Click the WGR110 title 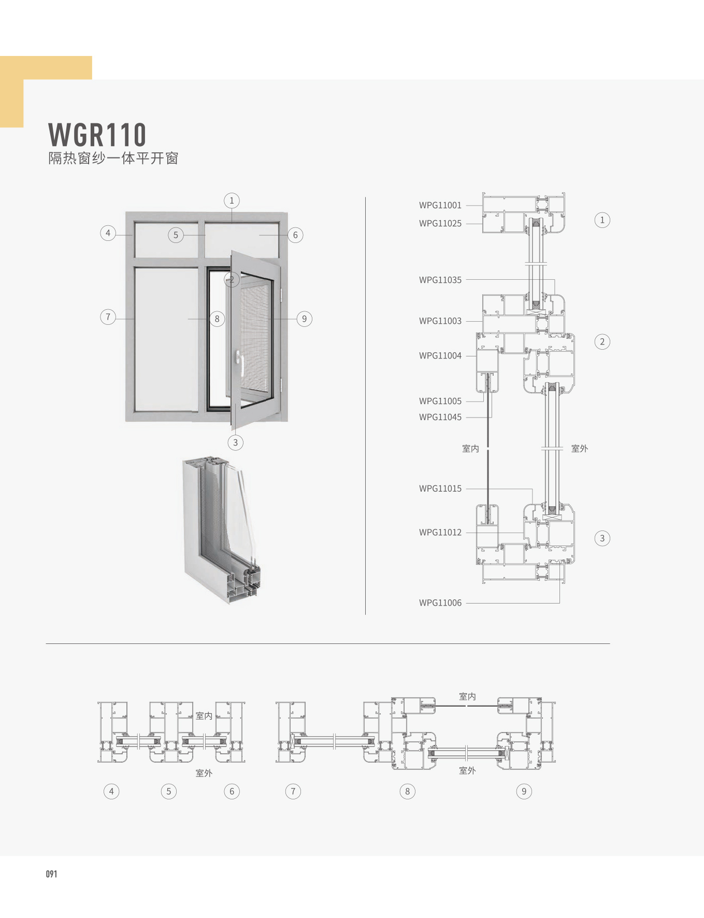tap(97, 135)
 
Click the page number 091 tap(51, 874)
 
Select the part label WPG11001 tap(440, 205)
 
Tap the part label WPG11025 tap(440, 223)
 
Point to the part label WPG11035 tap(440, 280)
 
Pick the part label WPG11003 tap(440, 321)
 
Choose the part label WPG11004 tap(440, 355)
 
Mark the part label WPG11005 tap(440, 401)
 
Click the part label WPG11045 tap(440, 417)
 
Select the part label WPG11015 tap(440, 489)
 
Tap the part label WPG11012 tap(440, 532)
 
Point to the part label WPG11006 tap(440, 603)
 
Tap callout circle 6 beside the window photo tap(295, 235)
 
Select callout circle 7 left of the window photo tap(108, 317)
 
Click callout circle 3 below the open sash tap(235, 442)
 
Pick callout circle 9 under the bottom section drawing tap(524, 791)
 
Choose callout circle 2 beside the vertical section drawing tap(602, 341)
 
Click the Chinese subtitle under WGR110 tap(113, 158)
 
